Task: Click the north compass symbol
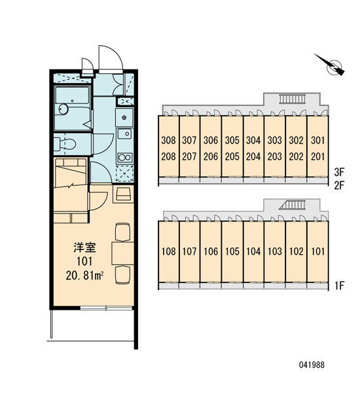[x=333, y=65]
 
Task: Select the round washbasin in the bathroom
[x=63, y=109]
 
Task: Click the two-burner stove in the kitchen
[x=125, y=158]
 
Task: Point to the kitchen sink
[x=124, y=134]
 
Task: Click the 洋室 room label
[x=84, y=248]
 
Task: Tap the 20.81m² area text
[x=84, y=276]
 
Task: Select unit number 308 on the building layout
[x=168, y=140]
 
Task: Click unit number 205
[x=232, y=157]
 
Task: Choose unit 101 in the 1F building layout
[x=317, y=251]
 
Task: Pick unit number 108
[x=168, y=251]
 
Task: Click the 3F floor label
[x=340, y=172]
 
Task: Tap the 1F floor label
[x=340, y=286]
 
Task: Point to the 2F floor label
[x=340, y=185]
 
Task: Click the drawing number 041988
[x=312, y=365]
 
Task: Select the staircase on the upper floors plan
[x=293, y=100]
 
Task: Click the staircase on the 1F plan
[x=293, y=205]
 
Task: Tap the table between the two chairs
[x=123, y=253]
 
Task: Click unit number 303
[x=274, y=140]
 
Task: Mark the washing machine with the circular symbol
[x=124, y=117]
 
